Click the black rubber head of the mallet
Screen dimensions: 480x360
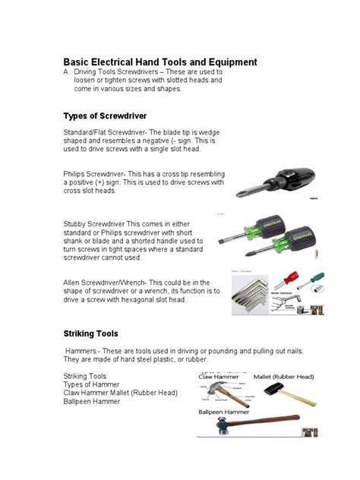pos(273,389)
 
